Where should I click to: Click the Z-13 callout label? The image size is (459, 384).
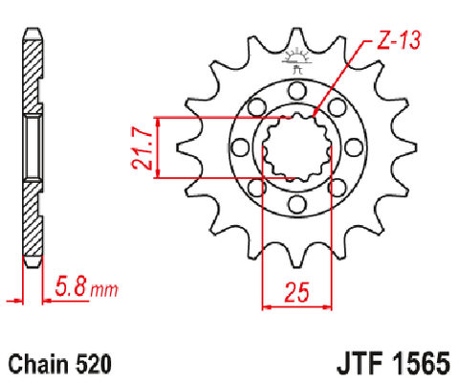coord(399,40)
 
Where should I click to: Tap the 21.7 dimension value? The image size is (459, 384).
coord(142,147)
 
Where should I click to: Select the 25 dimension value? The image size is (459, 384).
coord(296,292)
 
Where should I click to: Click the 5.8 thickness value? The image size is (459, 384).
coord(71,286)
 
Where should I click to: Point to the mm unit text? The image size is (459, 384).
coord(104,290)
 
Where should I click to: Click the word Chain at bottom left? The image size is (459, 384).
coord(38,364)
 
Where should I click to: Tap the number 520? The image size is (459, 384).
coord(94,364)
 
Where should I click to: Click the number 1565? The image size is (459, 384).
coord(421,364)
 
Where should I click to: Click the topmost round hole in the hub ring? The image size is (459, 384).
coord(297,90)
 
